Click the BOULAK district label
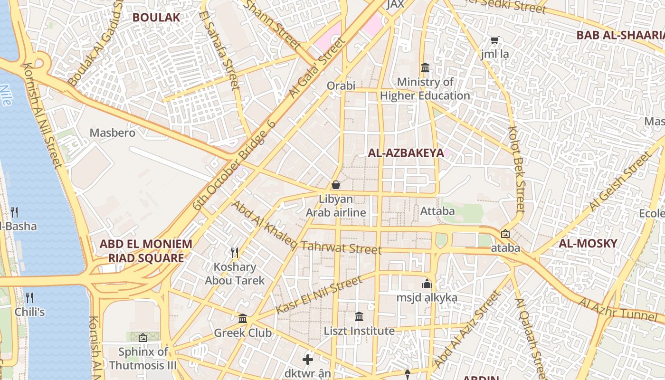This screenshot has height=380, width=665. [x=156, y=18]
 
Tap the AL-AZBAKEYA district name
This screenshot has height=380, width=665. [x=406, y=153]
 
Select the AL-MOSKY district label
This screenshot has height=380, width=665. [x=588, y=244]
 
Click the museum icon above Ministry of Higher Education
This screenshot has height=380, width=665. [x=425, y=68]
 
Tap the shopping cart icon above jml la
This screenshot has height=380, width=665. [x=494, y=41]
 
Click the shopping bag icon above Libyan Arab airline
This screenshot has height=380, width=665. [x=336, y=185]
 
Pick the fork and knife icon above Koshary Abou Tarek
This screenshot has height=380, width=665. [x=235, y=252]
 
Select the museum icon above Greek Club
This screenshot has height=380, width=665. [x=243, y=318]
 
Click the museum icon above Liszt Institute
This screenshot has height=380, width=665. [x=359, y=316]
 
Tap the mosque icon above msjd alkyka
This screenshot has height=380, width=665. [x=427, y=284]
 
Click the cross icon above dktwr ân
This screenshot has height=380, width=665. [x=308, y=359]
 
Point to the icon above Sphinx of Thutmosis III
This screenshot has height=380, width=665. [x=143, y=338]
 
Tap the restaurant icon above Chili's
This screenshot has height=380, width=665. [x=29, y=298]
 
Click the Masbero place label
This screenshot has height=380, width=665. [x=113, y=133]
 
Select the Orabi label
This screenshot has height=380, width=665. [x=341, y=86]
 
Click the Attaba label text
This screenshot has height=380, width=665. [x=437, y=210]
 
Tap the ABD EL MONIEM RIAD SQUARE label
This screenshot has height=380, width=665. [x=146, y=251]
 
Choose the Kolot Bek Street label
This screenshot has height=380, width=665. [x=517, y=169]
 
